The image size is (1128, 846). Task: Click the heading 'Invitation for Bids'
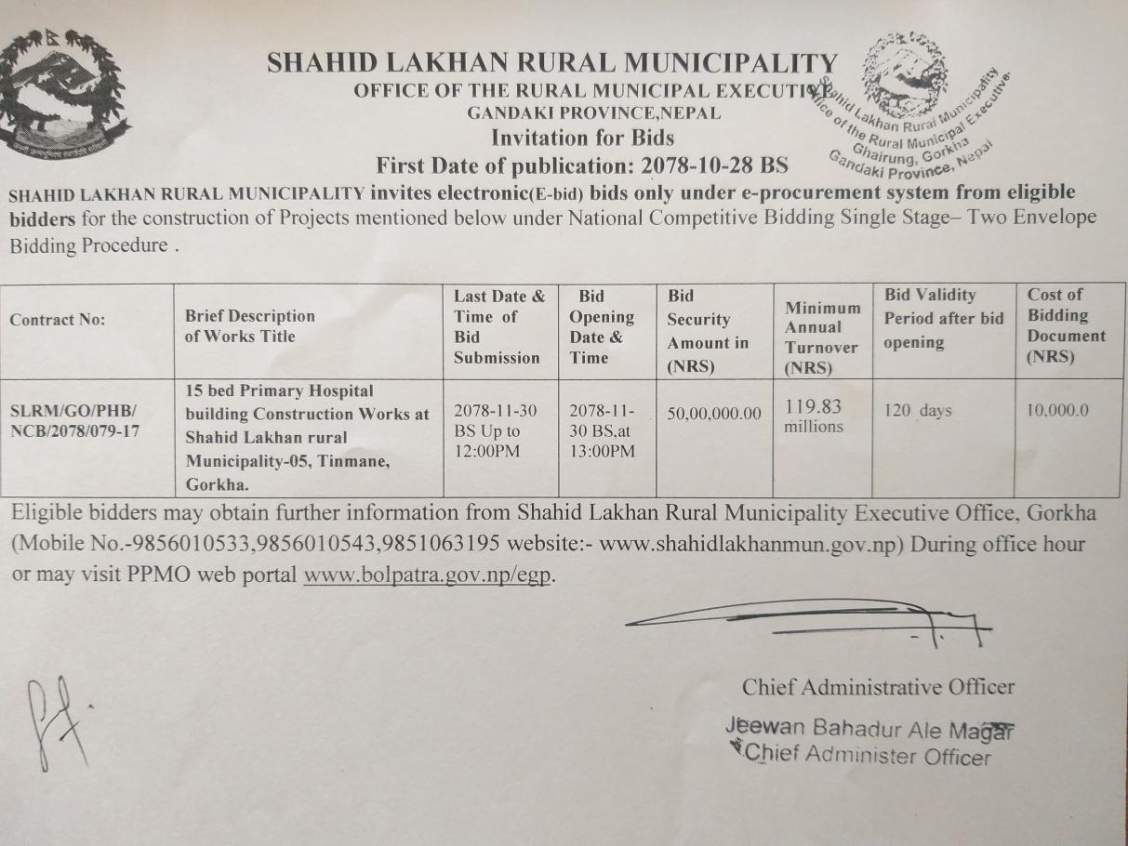[x=582, y=139]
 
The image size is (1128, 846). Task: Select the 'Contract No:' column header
[x=58, y=320]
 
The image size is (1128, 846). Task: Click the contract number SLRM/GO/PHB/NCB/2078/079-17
[x=74, y=420]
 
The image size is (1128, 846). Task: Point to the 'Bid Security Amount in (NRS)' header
[x=707, y=331]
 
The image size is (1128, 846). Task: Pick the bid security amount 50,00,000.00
[x=714, y=413]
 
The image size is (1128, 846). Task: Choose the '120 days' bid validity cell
[x=918, y=410]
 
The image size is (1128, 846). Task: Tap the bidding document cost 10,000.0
[x=1056, y=410]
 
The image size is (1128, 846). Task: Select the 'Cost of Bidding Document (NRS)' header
[x=1066, y=325]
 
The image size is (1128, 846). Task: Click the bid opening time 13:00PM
[x=603, y=452]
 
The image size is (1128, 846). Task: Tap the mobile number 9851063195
[x=443, y=544]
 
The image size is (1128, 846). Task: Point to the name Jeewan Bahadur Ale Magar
[x=869, y=728]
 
